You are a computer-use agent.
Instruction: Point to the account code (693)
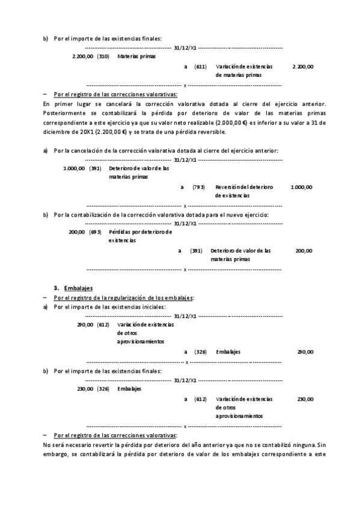tap(95, 232)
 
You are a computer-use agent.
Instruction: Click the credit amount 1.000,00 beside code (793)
tap(301, 187)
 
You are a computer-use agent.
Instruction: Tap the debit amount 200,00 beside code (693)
tap(77, 232)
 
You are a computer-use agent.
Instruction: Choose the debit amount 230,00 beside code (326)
tap(85, 389)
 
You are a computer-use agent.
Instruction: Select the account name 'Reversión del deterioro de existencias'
tap(243, 191)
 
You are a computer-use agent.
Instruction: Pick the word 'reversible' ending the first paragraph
tap(212, 131)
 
